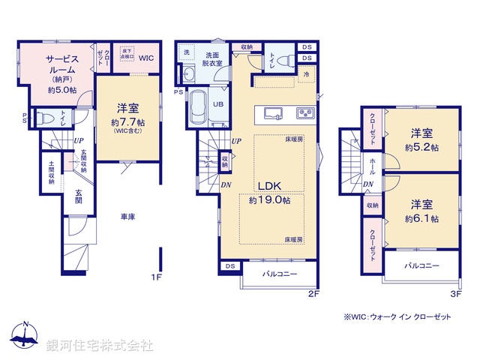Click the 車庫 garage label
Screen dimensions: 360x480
[128, 217]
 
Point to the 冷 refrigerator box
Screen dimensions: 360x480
[306, 75]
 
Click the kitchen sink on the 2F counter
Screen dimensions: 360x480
[272, 113]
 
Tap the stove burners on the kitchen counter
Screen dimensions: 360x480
[306, 113]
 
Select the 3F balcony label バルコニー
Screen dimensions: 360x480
[422, 265]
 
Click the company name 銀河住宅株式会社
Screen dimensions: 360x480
[100, 346]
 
